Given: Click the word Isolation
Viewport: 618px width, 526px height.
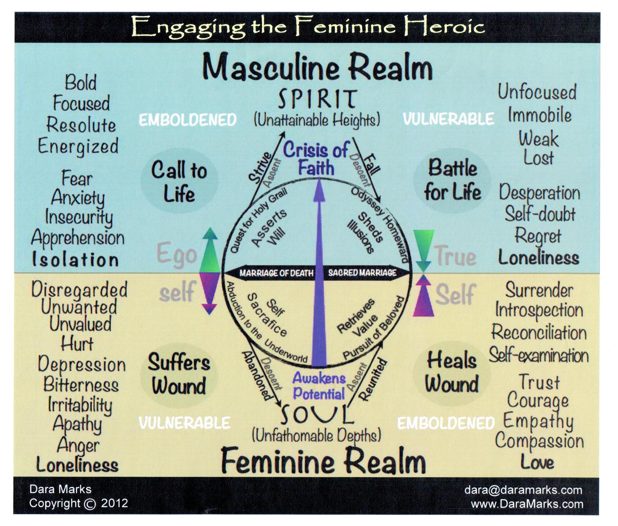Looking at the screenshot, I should [75, 259].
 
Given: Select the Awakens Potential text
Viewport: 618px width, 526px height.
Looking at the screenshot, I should [319, 386].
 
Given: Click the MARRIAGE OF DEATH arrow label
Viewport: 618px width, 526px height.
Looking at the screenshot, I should [276, 273].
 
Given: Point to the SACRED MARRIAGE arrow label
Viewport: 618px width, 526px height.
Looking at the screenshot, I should [362, 273].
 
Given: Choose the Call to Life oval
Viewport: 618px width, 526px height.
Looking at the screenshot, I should [179, 181].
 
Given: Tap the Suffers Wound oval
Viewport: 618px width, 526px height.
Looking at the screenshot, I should [179, 374].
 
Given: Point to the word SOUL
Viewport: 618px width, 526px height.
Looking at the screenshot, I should [317, 415].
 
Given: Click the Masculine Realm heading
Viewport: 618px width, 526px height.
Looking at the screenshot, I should [317, 67].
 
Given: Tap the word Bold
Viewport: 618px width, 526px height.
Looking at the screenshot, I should [81, 82].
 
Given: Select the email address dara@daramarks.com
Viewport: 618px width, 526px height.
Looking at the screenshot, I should [523, 490].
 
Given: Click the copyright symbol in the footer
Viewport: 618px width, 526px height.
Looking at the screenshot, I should [90, 504].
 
